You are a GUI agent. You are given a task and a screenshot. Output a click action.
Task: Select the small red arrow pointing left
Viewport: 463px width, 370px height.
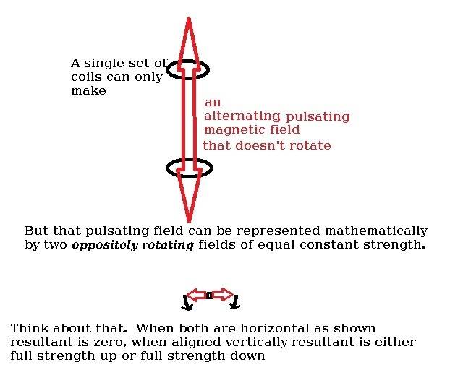tap(195, 295)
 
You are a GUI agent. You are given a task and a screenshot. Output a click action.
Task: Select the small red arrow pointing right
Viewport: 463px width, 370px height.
tap(222, 295)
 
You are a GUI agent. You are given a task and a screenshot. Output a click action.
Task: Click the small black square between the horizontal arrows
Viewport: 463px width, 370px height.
tap(208, 296)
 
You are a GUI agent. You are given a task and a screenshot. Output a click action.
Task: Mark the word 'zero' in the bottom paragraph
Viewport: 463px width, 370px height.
tap(101, 342)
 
